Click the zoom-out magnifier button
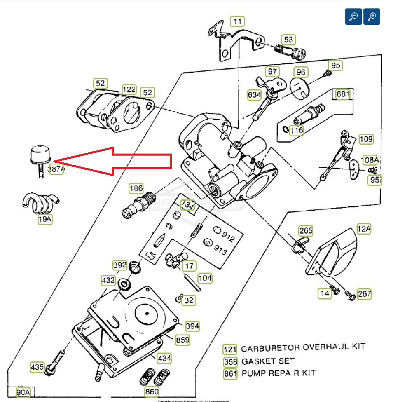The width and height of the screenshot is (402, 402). pos(353,16)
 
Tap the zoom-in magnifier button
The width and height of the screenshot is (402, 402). pos(372,16)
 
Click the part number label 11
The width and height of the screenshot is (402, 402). pos(238,21)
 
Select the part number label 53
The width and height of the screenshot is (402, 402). pos(289,39)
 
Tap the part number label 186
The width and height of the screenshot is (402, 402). pos(136,188)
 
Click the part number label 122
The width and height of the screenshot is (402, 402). pos(129,89)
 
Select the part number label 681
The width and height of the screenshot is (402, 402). pos(343,94)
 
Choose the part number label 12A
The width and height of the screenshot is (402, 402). pos(364,229)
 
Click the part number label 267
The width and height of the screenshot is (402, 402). pos(364,294)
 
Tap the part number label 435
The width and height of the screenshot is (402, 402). pos(37,367)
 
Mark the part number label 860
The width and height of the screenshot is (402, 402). pos(152,392)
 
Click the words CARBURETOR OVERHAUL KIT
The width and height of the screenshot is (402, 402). pos(303,347)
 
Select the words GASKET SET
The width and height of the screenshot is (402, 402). pos(268,361)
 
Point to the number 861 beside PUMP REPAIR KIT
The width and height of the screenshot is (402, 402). pos(230,373)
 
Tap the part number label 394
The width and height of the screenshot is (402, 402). pos(192,326)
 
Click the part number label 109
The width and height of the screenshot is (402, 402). pos(366,139)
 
